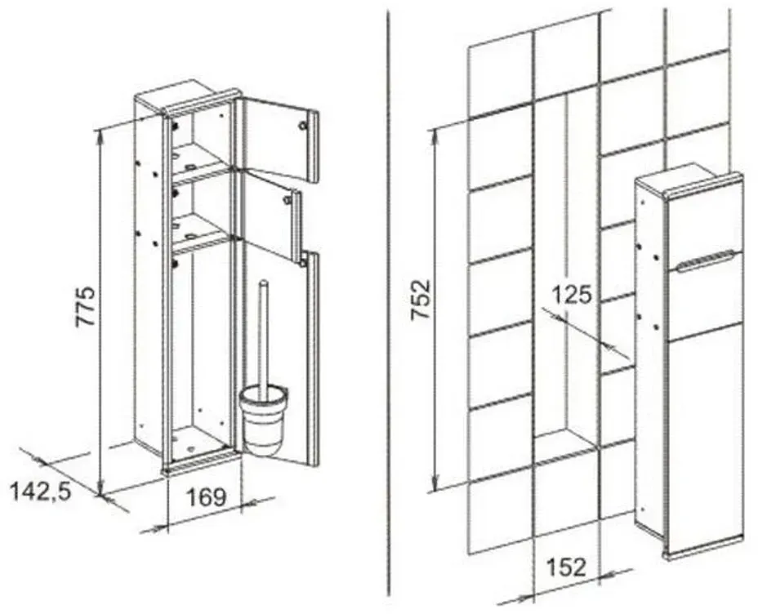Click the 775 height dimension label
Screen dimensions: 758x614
tap(85, 307)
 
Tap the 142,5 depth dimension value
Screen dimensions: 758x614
tap(41, 492)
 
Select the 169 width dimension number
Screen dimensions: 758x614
tap(206, 497)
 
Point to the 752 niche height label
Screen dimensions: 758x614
tap(420, 300)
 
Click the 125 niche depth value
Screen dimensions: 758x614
tap(572, 295)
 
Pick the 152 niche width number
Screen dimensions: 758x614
tap(566, 567)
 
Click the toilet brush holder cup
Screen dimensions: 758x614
tap(265, 418)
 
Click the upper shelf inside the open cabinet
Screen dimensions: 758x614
tap(199, 157)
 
